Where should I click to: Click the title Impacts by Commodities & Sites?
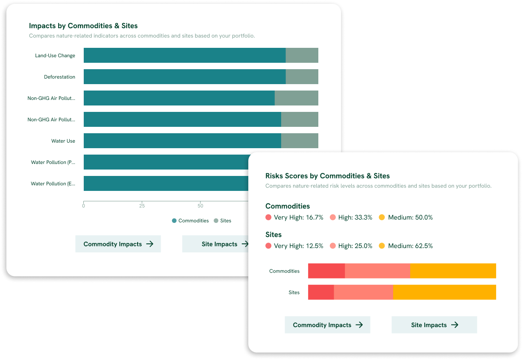pyautogui.click(x=83, y=26)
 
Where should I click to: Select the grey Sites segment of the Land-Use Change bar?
pyautogui.click(x=302, y=56)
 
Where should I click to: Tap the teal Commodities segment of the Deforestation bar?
pyautogui.click(x=185, y=77)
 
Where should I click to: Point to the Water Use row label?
pyautogui.click(x=63, y=141)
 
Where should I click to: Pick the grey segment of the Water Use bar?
pyautogui.click(x=300, y=141)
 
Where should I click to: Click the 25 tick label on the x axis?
pyautogui.click(x=142, y=206)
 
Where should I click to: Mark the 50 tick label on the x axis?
pyautogui.click(x=200, y=206)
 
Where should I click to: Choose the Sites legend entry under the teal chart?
pyautogui.click(x=223, y=221)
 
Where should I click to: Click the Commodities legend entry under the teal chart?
pyautogui.click(x=191, y=221)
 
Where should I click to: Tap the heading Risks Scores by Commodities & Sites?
pyautogui.click(x=327, y=176)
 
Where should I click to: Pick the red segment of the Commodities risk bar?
pyautogui.click(x=326, y=271)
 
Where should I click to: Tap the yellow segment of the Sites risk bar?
pyautogui.click(x=444, y=292)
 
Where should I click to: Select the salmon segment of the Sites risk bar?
pyautogui.click(x=363, y=292)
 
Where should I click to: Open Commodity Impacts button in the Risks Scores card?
pyautogui.click(x=328, y=325)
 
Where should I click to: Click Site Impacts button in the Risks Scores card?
pyautogui.click(x=434, y=325)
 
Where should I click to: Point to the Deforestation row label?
pyautogui.click(x=59, y=77)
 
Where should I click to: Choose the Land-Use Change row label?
pyautogui.click(x=55, y=56)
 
